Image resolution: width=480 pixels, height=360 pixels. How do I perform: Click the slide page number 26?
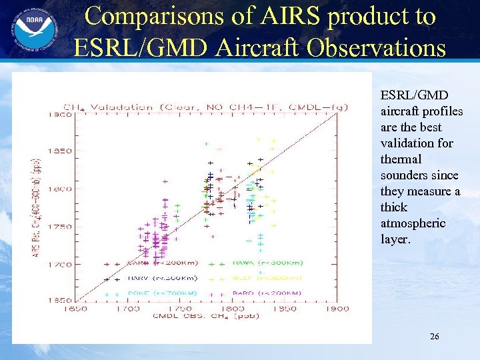(434, 337)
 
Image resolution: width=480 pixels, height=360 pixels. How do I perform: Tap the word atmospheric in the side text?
(413, 223)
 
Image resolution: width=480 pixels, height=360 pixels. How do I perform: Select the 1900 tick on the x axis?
(338, 309)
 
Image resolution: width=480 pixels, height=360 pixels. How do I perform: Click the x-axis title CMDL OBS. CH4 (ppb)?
(206, 316)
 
